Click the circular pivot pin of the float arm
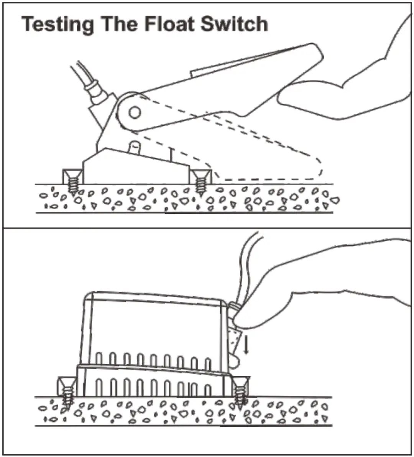tap(134, 112)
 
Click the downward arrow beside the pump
tap(246, 344)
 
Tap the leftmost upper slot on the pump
tap(99, 359)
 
